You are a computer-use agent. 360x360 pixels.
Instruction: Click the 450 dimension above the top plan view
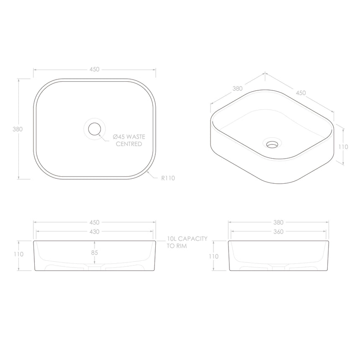tap(95, 69)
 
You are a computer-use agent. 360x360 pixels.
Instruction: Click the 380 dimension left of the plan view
tap(18, 129)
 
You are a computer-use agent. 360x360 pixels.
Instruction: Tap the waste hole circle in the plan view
tap(95, 129)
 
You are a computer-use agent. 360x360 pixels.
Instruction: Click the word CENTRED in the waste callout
tap(128, 144)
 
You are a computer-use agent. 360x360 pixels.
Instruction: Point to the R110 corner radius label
tap(168, 178)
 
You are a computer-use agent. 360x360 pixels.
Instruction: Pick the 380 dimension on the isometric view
tap(237, 88)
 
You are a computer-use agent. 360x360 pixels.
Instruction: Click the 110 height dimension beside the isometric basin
tap(343, 147)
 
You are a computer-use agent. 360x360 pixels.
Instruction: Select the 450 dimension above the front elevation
tap(95, 223)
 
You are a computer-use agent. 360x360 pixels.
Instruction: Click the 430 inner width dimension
tap(95, 231)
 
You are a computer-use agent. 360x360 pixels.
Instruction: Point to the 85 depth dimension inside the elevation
tap(95, 253)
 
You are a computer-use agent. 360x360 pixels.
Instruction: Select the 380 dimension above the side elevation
tap(278, 223)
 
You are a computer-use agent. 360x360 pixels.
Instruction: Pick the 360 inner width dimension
tap(278, 231)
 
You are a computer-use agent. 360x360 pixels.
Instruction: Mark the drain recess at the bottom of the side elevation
tap(278, 267)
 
